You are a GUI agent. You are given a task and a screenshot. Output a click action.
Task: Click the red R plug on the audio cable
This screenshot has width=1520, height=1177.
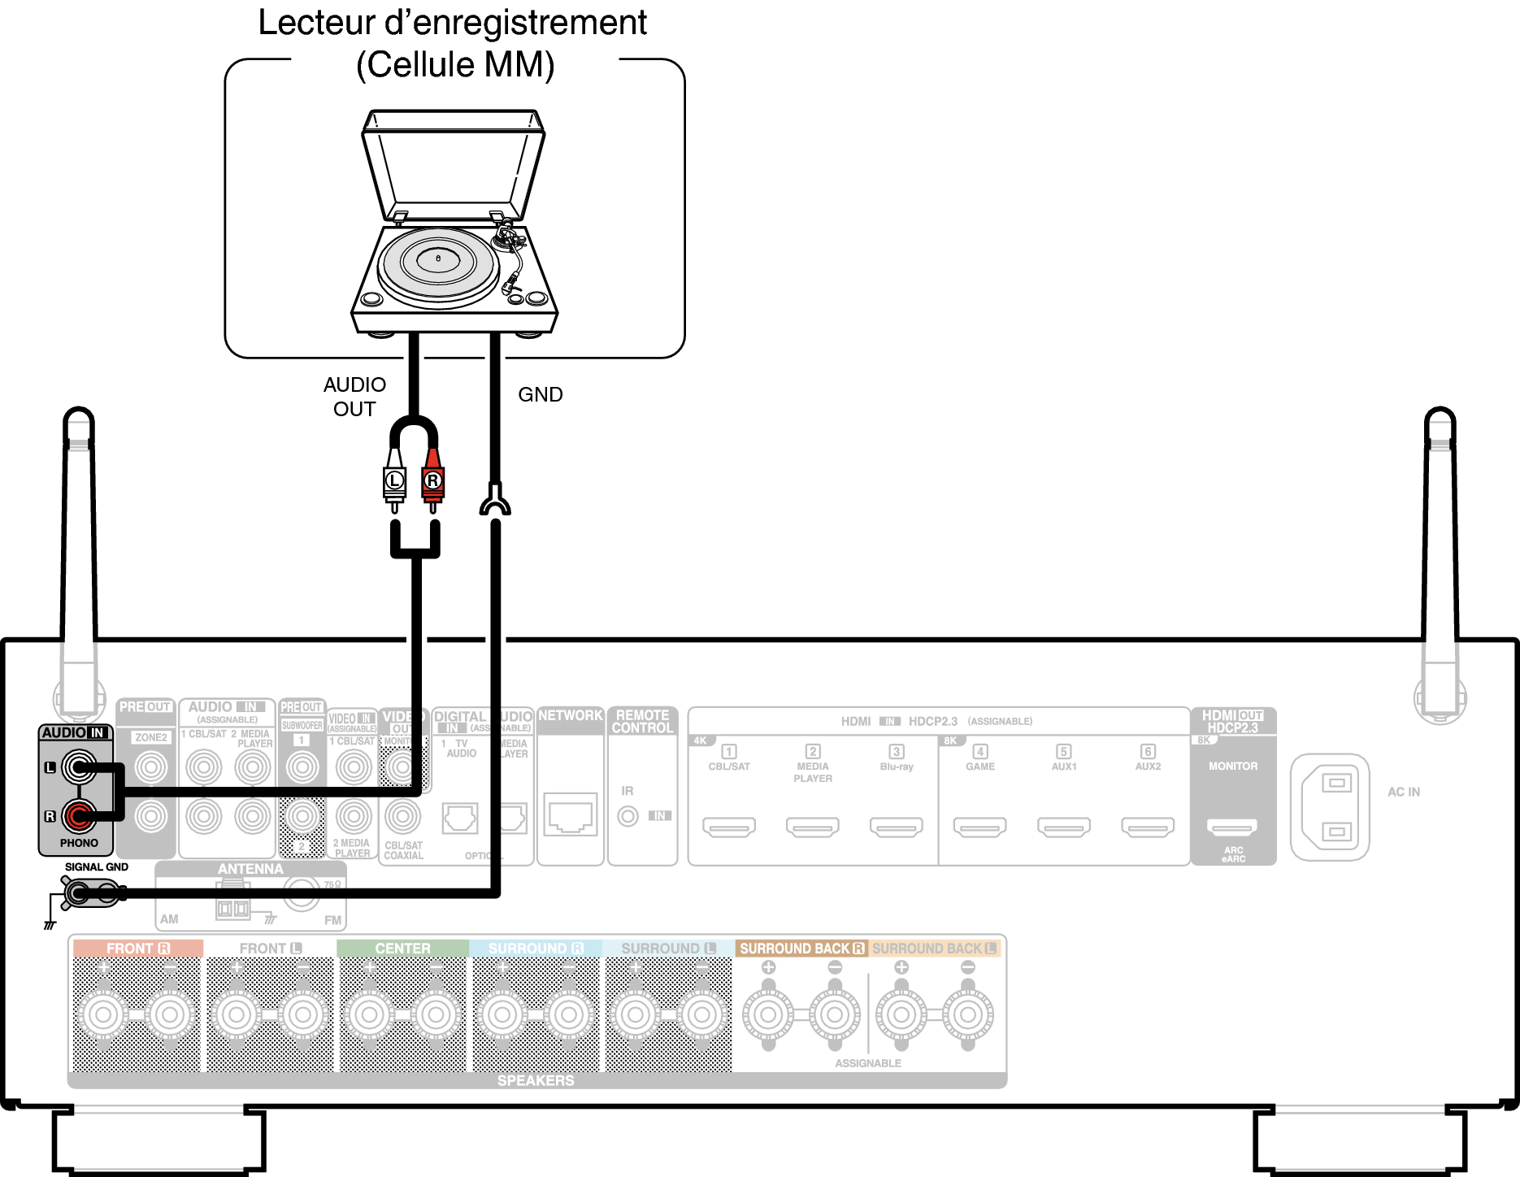tap(432, 481)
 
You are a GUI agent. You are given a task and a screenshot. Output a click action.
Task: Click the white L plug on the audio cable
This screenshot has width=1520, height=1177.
tap(394, 481)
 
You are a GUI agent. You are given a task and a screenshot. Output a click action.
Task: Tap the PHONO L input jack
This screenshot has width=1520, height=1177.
tap(79, 767)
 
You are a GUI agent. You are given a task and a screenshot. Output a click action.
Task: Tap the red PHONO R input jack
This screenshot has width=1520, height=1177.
tap(79, 816)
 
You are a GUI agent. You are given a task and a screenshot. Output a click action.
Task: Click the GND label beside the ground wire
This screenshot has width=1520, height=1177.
tap(541, 395)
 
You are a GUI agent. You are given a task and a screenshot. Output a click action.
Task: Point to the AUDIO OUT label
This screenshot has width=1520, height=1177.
tap(354, 397)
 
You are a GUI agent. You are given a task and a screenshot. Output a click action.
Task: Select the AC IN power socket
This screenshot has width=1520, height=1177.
tap(1330, 807)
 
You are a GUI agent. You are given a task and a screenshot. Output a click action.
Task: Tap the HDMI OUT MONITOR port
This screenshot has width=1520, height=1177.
tap(1232, 827)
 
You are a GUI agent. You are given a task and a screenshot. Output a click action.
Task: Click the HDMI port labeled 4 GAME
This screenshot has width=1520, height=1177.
tap(979, 827)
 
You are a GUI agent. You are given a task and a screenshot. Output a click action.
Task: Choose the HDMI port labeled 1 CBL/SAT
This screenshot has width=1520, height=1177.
tap(729, 827)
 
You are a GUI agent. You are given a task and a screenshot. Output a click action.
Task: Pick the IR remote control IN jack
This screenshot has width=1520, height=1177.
tap(628, 815)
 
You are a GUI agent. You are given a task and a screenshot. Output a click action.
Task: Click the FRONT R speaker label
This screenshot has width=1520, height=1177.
tap(137, 949)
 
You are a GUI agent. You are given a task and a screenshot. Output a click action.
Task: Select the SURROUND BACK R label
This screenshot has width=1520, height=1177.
tap(801, 949)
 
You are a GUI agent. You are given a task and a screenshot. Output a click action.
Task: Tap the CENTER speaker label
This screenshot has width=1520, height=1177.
tap(402, 949)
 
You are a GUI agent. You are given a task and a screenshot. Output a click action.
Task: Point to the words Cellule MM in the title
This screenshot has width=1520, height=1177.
tap(455, 65)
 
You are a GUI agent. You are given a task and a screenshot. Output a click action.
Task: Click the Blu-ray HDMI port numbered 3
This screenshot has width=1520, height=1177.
tap(896, 827)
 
